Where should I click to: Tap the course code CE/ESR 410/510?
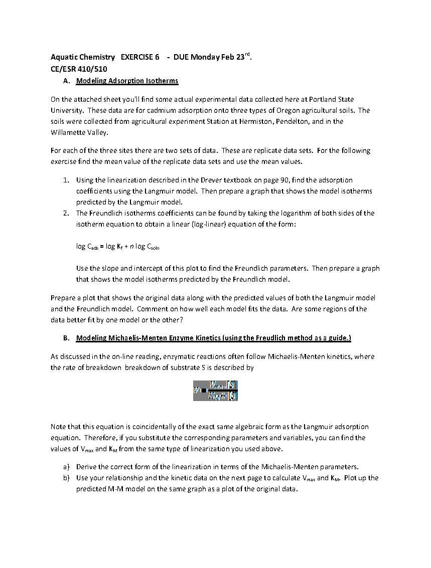pos(79,69)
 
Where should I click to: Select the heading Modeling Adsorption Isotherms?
pos(127,81)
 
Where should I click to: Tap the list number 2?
pos(66,213)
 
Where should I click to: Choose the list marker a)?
pos(66,467)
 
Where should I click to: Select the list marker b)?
pos(66,478)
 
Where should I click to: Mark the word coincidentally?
pos(156,427)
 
